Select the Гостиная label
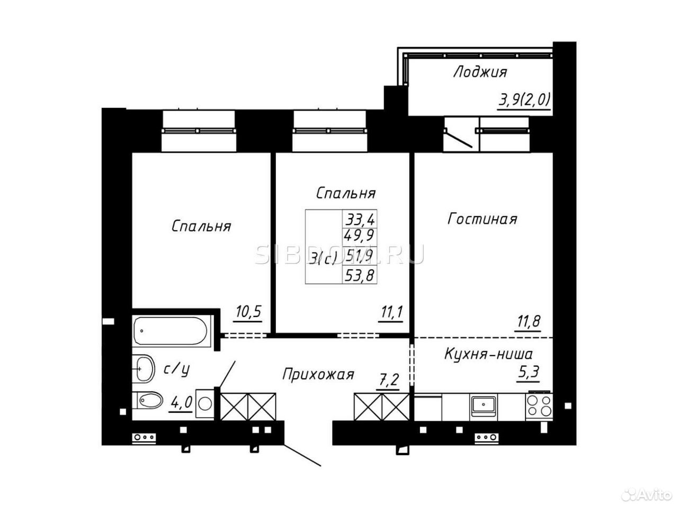482,219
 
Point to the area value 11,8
527,321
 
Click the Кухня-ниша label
489,355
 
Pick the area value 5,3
529,373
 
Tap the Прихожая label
318,375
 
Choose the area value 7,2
388,380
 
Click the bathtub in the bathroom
171,331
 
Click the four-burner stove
539,405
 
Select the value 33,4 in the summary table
360,220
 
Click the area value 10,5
248,312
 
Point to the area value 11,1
391,312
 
